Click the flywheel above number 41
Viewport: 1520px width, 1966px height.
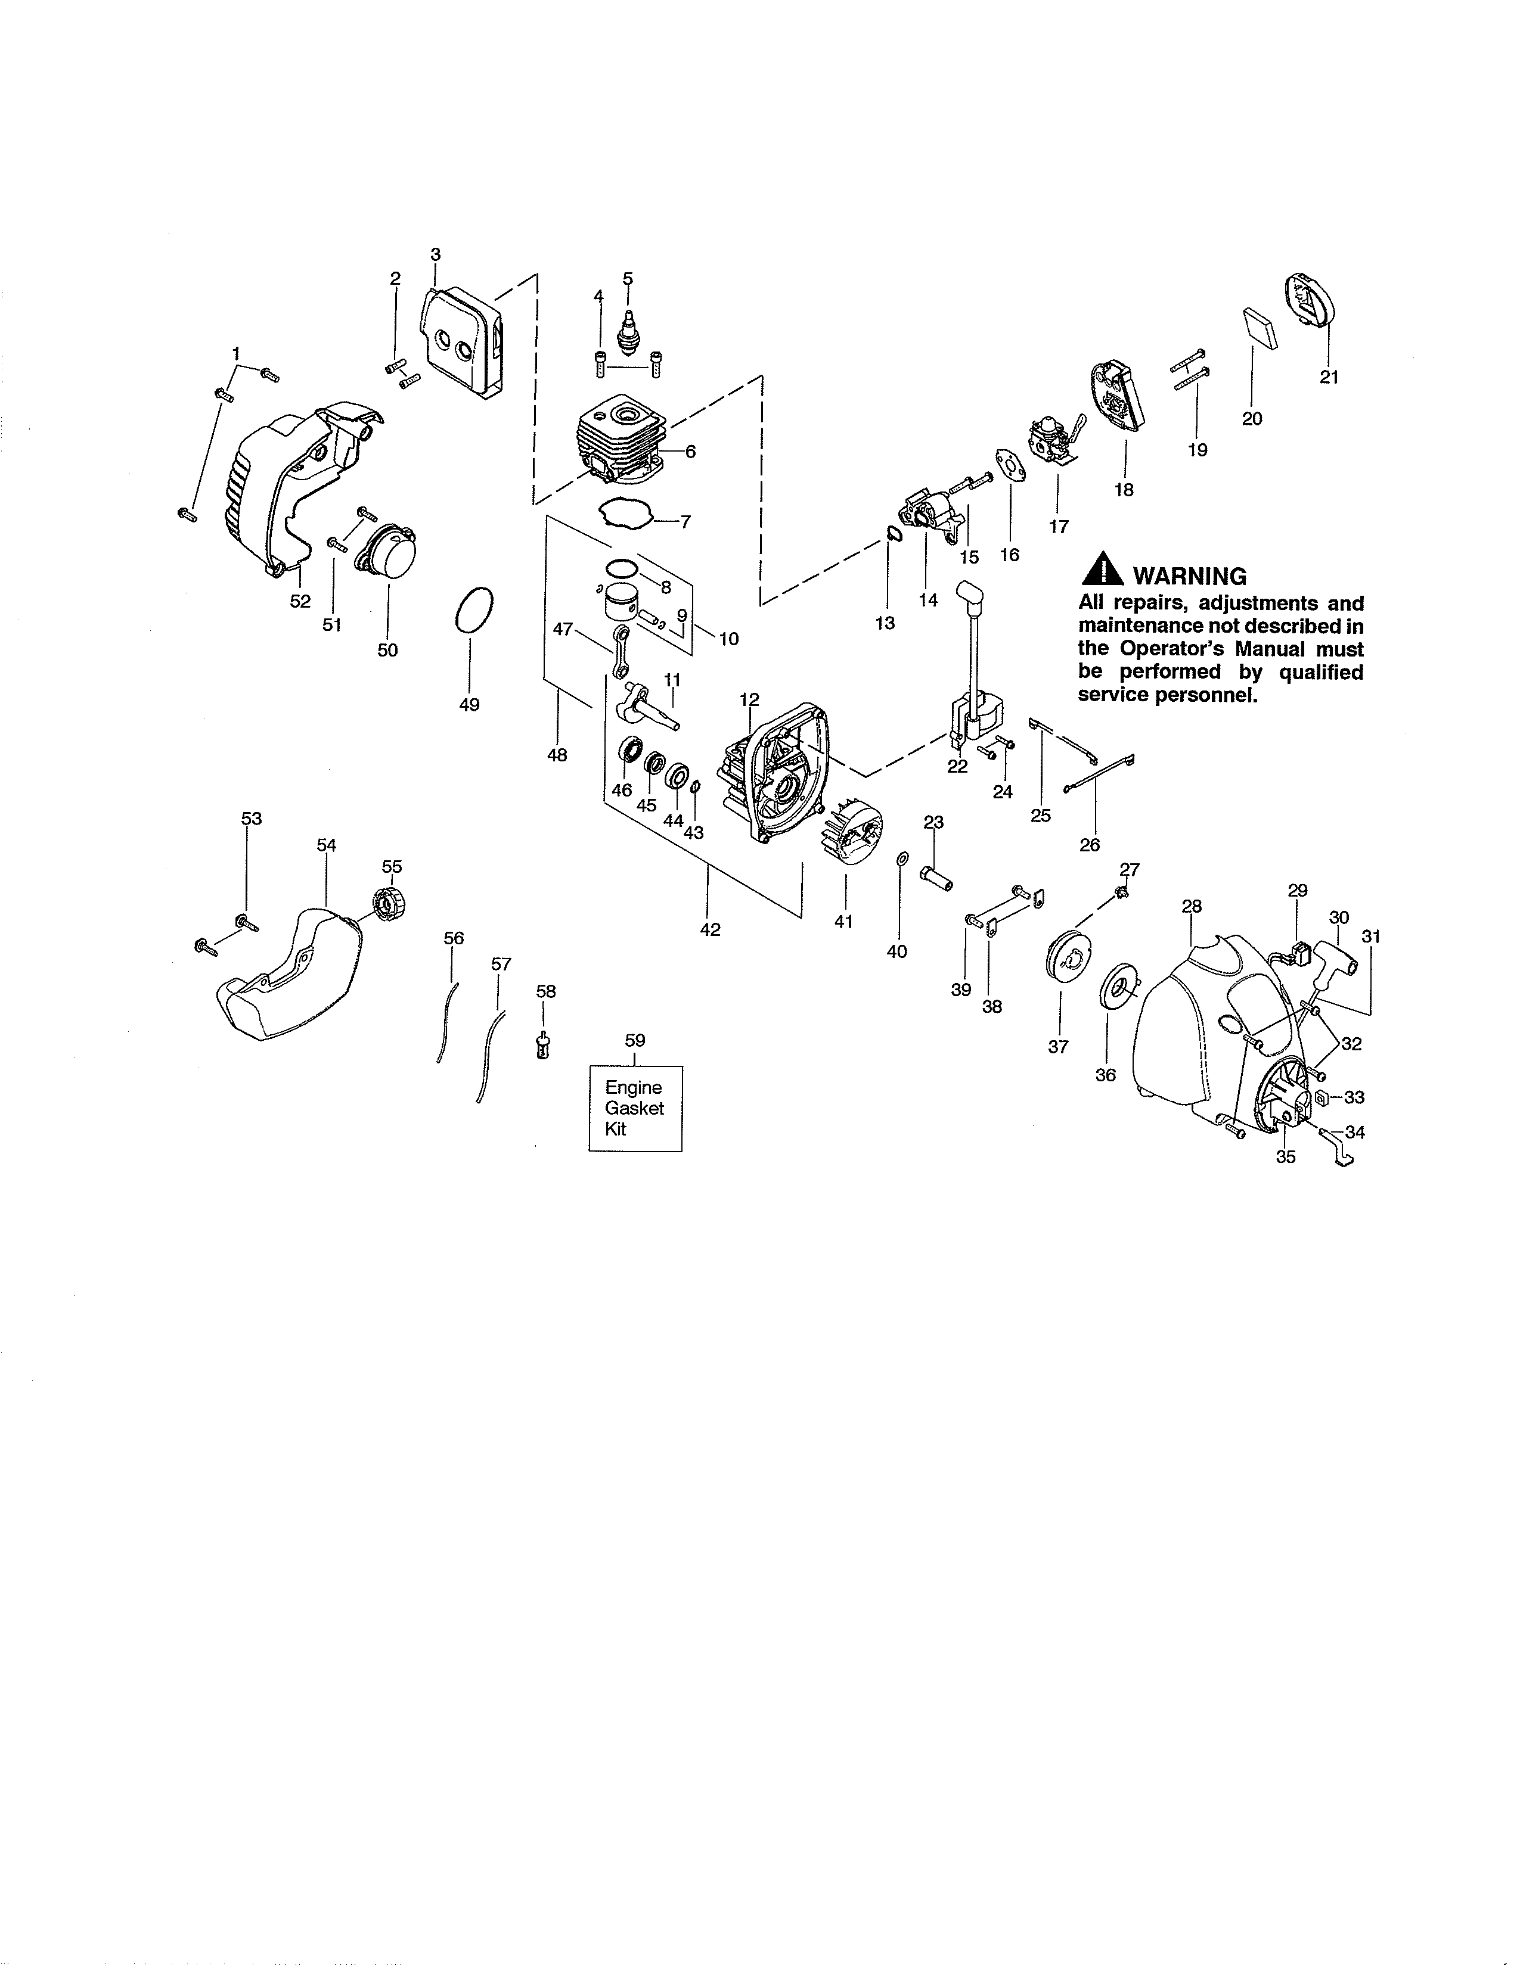[850, 835]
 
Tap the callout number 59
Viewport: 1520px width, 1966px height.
[635, 1041]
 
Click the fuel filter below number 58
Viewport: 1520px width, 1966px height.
[543, 1047]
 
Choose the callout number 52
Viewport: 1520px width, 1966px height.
[300, 601]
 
